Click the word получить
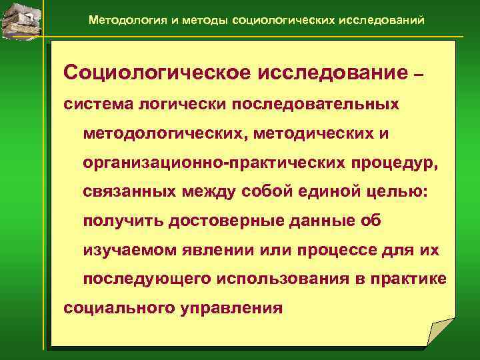pyautogui.click(x=125, y=221)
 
